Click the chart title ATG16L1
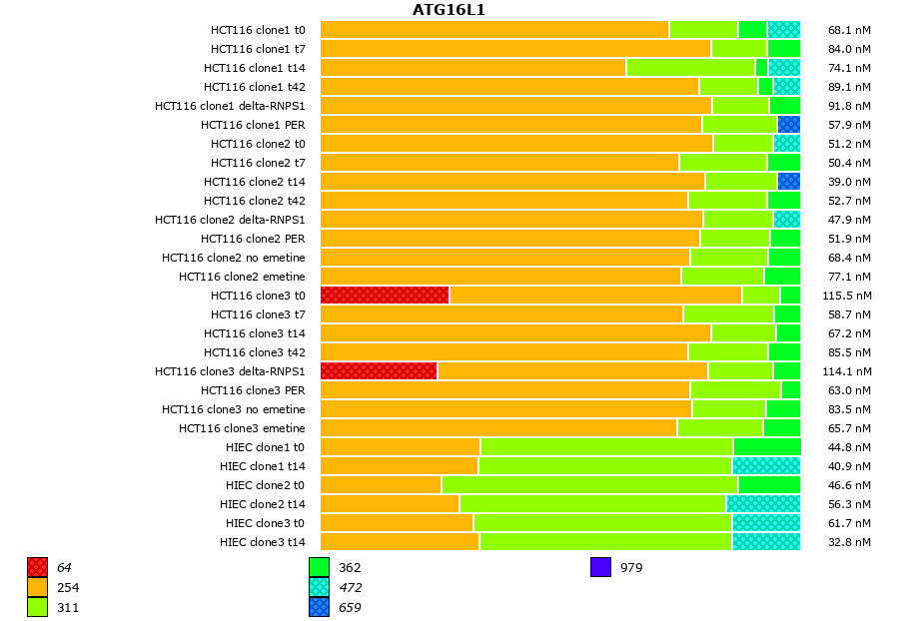click(x=449, y=10)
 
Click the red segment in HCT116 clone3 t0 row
click(x=385, y=295)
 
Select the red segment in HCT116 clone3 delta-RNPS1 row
click(x=379, y=370)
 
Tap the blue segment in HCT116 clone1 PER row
click(x=789, y=124)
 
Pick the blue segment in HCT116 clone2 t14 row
click(x=789, y=181)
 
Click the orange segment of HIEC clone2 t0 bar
click(x=381, y=484)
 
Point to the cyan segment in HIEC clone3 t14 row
click(x=766, y=541)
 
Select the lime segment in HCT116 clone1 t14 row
click(x=690, y=67)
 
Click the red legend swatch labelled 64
click(x=38, y=567)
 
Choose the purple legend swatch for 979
click(x=600, y=567)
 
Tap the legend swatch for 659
click(x=319, y=606)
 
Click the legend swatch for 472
click(x=319, y=587)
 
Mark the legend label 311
click(x=68, y=607)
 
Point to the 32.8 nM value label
click(x=850, y=542)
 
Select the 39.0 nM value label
click(x=850, y=182)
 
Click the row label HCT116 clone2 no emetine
click(x=234, y=258)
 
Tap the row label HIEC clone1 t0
click(x=265, y=447)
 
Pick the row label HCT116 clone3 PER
click(x=253, y=390)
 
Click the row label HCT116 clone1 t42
click(x=255, y=87)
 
